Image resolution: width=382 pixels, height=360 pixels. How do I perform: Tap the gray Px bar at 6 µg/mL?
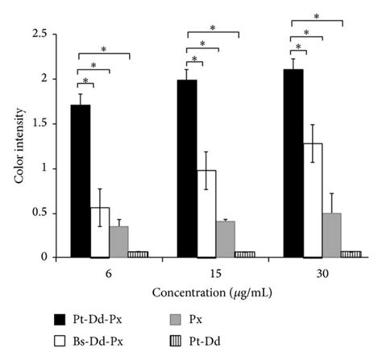pyautogui.click(x=119, y=242)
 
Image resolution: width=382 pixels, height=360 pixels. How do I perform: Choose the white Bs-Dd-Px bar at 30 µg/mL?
pyautogui.click(x=313, y=201)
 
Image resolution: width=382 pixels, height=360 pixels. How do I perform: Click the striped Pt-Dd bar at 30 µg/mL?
pyautogui.click(x=351, y=254)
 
